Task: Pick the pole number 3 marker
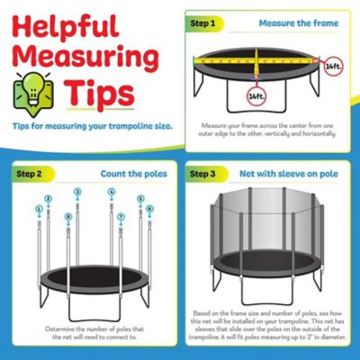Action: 77,192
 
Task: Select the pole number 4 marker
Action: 112,192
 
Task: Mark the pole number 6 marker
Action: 149,209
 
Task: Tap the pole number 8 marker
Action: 68,217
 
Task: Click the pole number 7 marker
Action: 121,217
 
